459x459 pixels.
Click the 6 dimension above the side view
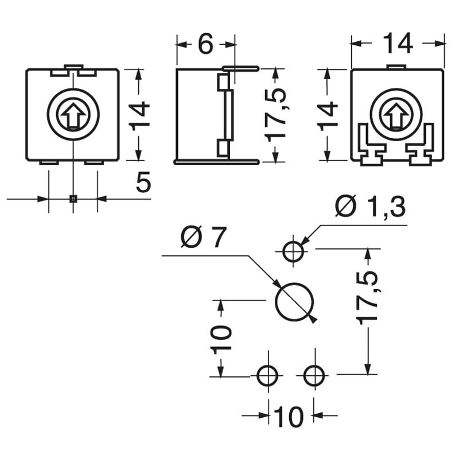(x=205, y=44)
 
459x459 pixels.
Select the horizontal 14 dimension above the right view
(x=398, y=44)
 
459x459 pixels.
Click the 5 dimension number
(x=143, y=183)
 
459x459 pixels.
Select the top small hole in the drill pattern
(x=294, y=250)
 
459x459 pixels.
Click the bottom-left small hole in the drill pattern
(x=267, y=376)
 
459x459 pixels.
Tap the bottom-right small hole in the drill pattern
(x=313, y=376)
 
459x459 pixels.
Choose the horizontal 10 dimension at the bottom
(x=289, y=417)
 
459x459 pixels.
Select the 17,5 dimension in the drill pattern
(x=368, y=298)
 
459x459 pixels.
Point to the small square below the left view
(x=73, y=199)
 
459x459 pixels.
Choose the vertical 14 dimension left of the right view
(x=328, y=115)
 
